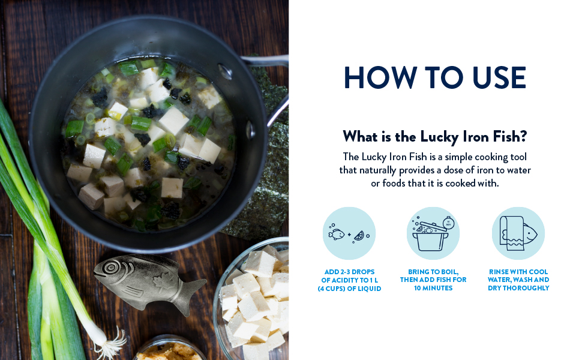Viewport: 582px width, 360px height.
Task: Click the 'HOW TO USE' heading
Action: tap(434, 78)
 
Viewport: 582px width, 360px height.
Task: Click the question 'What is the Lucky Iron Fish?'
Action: tap(434, 136)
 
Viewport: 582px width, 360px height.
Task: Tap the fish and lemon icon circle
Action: tap(349, 233)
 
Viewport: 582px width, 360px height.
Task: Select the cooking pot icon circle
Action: tap(433, 233)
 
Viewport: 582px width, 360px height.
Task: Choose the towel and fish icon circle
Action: tap(518, 233)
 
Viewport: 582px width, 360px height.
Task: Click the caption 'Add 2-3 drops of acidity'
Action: tap(349, 280)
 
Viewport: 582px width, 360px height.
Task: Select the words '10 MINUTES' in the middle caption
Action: tap(433, 289)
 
